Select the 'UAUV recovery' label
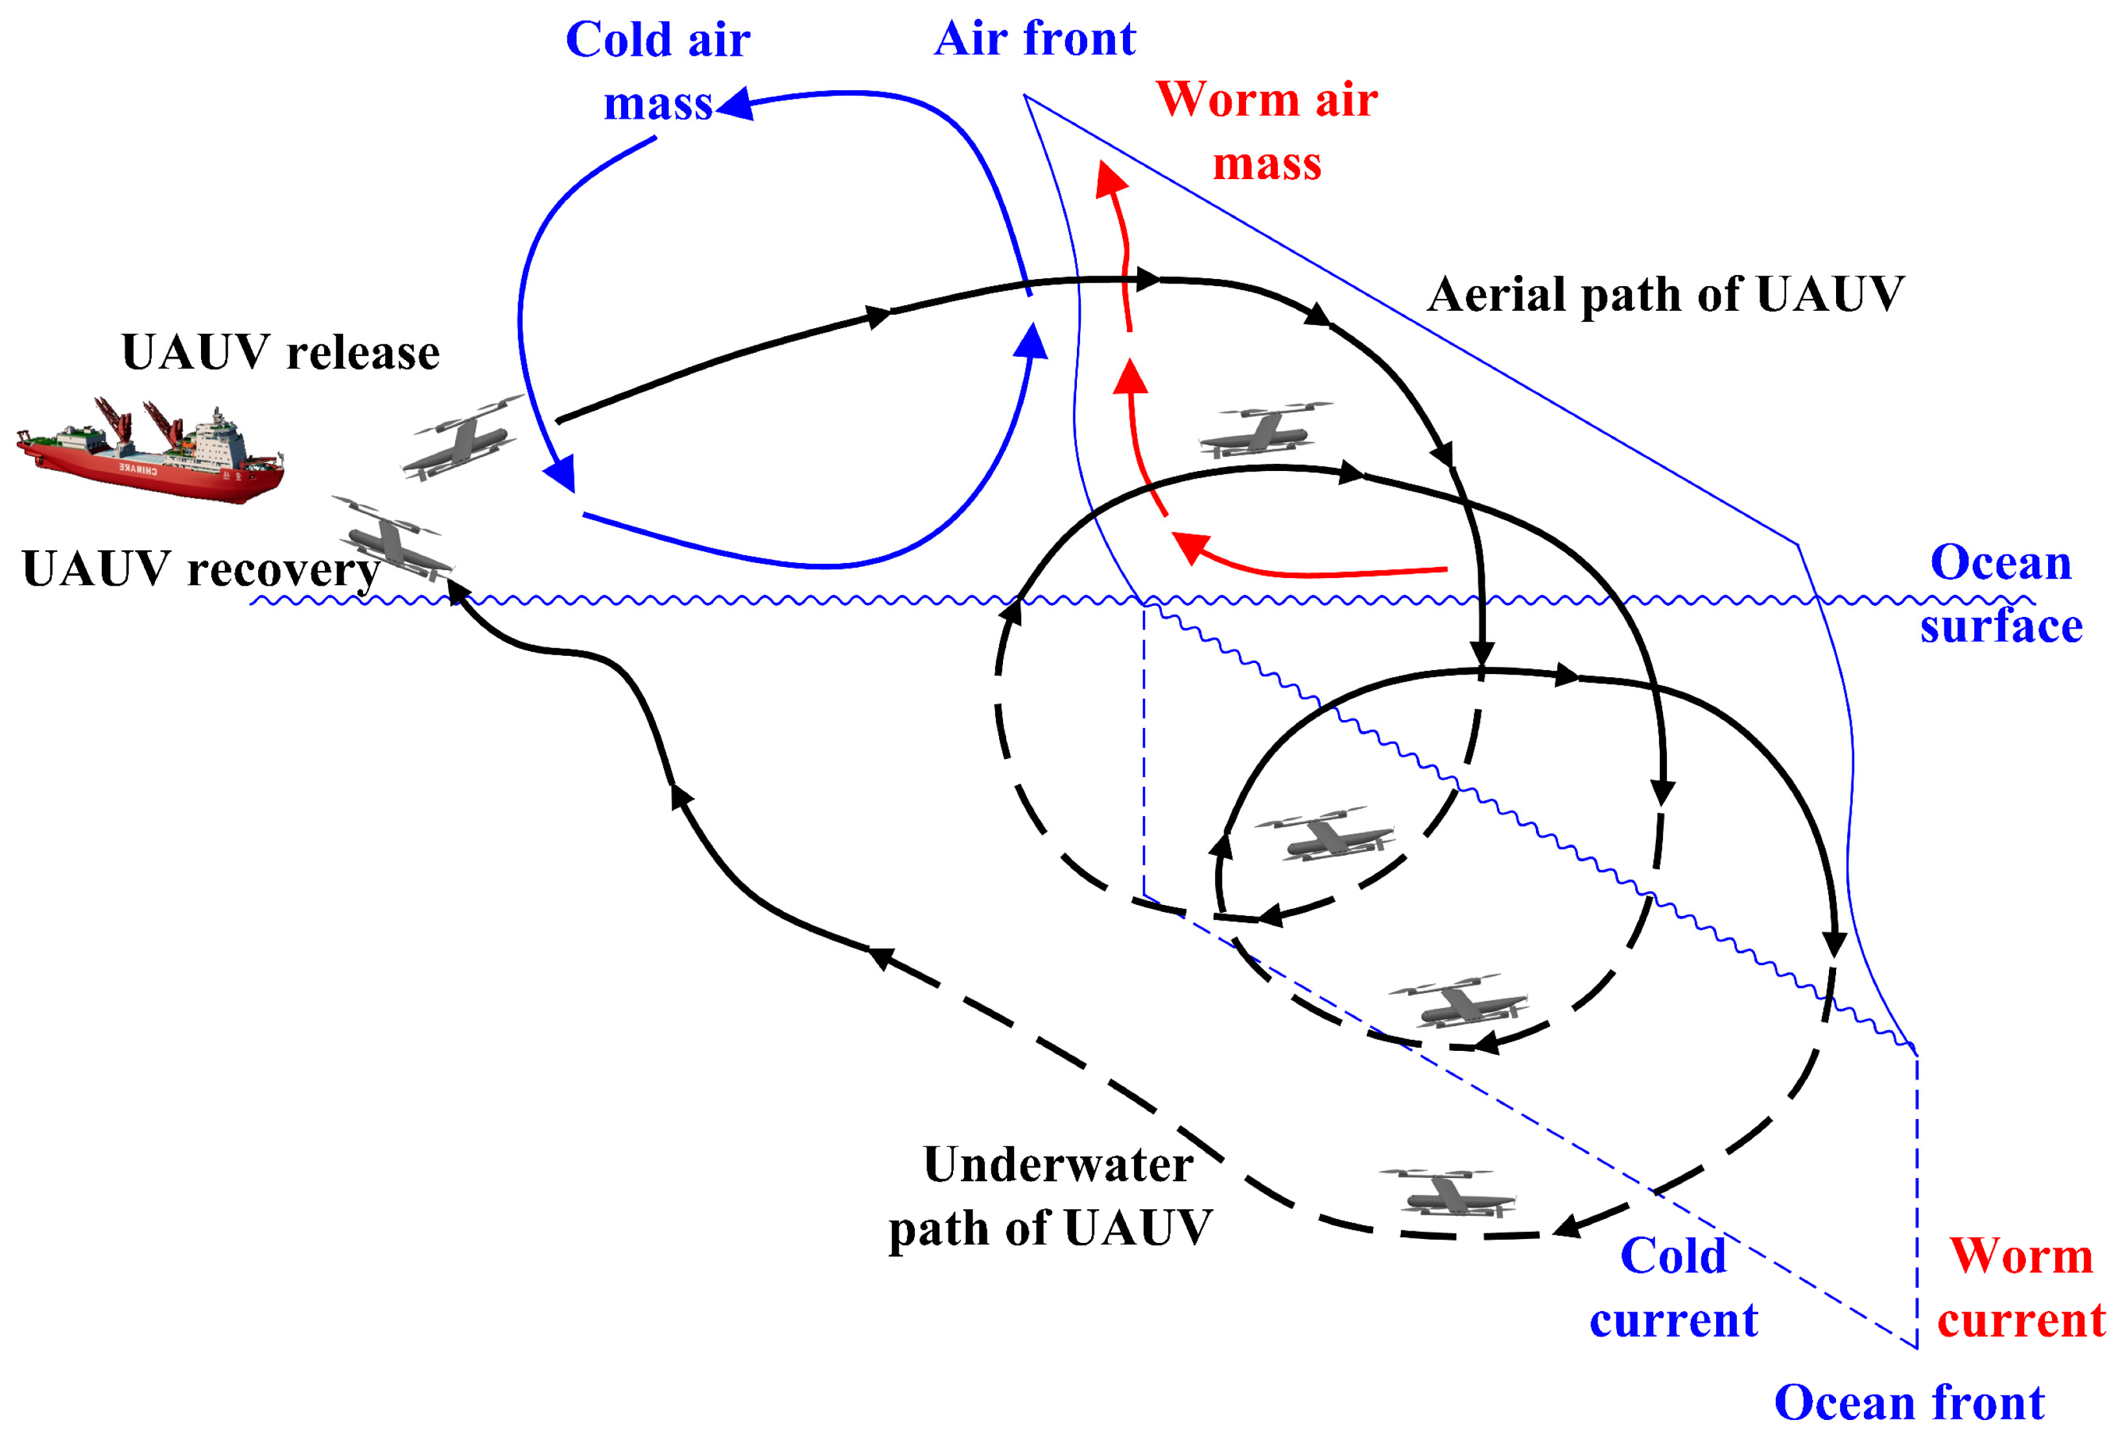click(x=201, y=569)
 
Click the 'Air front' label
click(x=1035, y=40)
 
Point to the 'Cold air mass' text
click(x=657, y=71)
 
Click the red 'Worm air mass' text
click(x=1266, y=130)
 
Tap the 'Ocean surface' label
click(x=2001, y=594)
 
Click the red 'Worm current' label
click(x=2022, y=1287)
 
